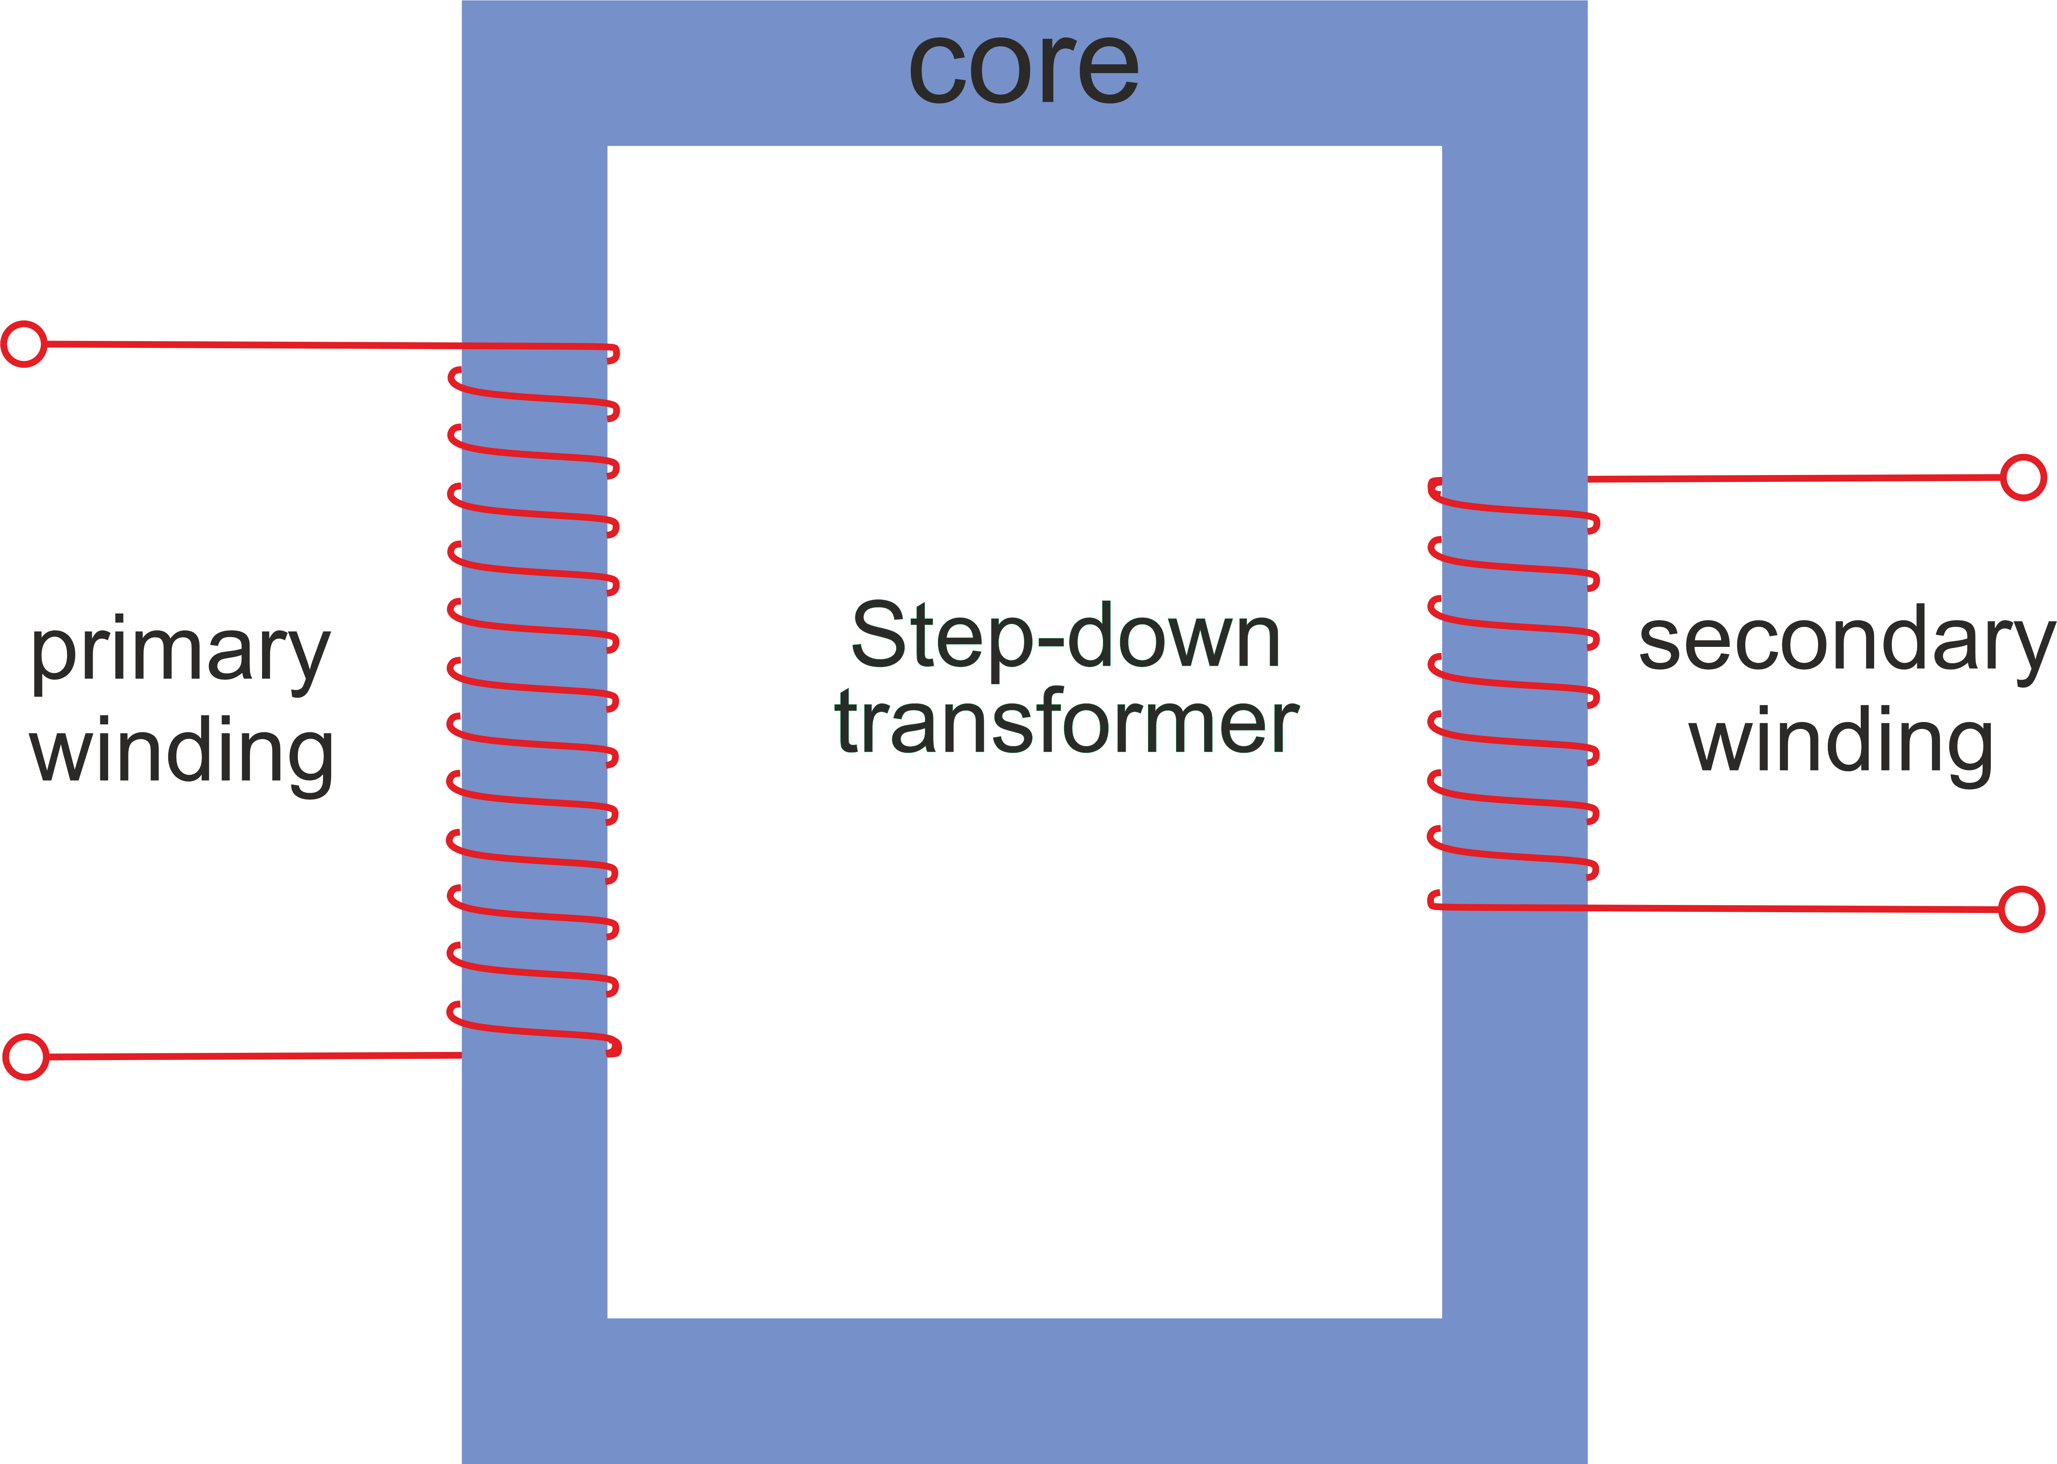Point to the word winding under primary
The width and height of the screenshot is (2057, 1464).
[182, 751]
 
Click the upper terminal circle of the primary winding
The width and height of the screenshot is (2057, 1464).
[24, 343]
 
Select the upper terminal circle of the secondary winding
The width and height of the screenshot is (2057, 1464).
[2023, 477]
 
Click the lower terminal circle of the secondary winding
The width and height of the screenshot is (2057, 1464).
[2021, 909]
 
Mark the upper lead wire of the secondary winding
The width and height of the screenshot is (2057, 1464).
[1794, 478]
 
